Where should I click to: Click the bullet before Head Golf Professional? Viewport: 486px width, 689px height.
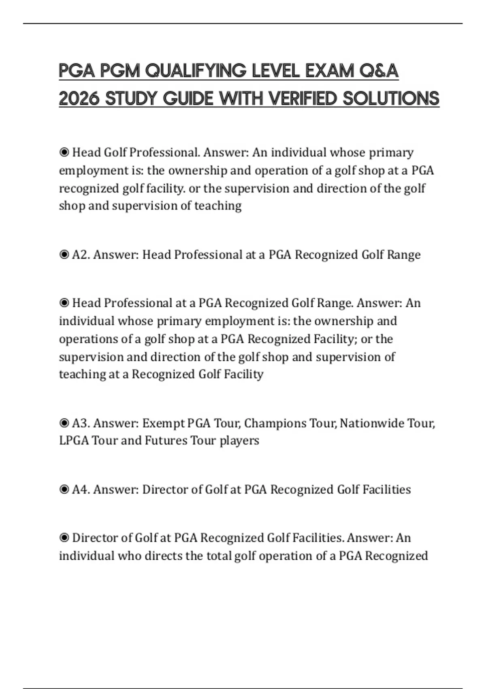pyautogui.click(x=64, y=153)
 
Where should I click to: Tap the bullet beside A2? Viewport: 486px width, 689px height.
pyautogui.click(x=64, y=255)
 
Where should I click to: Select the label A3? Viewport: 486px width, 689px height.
pyautogui.click(x=81, y=423)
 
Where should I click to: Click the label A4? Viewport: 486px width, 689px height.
pyautogui.click(x=81, y=490)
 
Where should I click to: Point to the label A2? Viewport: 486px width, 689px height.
pyautogui.click(x=81, y=255)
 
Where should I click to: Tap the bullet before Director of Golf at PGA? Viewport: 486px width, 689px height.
pyautogui.click(x=64, y=538)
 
